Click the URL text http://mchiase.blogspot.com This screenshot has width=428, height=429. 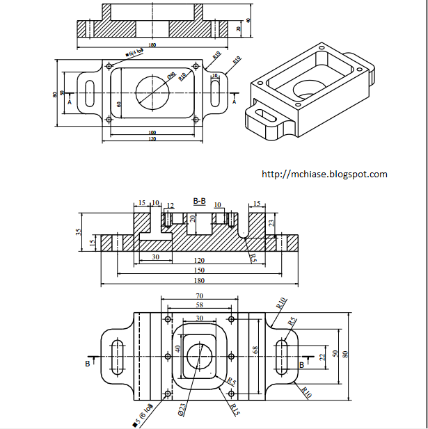point(324,175)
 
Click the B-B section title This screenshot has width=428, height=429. point(199,201)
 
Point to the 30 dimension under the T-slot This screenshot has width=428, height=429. point(154,257)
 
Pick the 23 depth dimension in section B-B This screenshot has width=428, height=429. point(272,223)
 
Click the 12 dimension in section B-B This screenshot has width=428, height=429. point(171,205)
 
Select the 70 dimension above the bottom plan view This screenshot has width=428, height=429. point(200,296)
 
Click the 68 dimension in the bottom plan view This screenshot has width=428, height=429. point(255,350)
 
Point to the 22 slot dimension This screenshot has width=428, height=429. point(322,356)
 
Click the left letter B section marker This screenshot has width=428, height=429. point(88,364)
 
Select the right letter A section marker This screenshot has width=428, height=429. point(234,102)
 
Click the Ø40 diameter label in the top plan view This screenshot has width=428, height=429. point(171,74)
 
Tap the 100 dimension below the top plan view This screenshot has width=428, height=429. point(152,132)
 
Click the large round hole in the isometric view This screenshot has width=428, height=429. point(307,88)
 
